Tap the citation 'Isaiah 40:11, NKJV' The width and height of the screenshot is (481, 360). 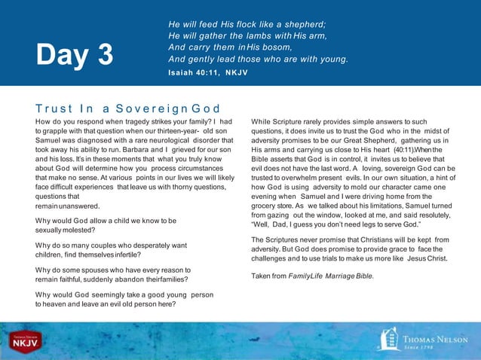[207, 72]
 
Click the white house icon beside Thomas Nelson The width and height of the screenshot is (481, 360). [389, 339]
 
